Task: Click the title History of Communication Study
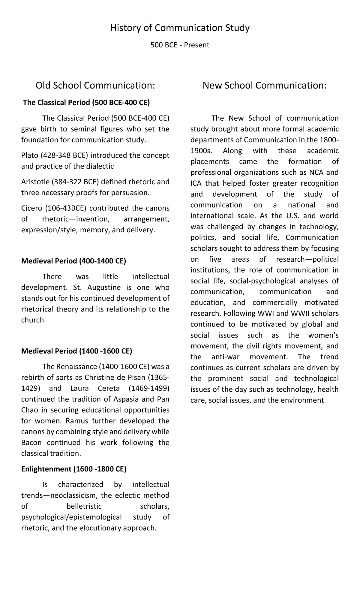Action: pos(180,28)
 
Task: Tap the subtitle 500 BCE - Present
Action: pos(180,45)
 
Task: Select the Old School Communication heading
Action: pos(95,86)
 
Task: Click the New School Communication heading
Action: pos(264,86)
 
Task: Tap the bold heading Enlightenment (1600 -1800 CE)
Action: pos(74,469)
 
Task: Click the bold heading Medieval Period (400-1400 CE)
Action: pos(73,261)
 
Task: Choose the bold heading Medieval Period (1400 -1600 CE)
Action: pos(76,351)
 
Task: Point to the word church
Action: pos(33,320)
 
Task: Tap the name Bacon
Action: pos(31,443)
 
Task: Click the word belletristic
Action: pos(84,506)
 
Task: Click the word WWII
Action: pos(301,314)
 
